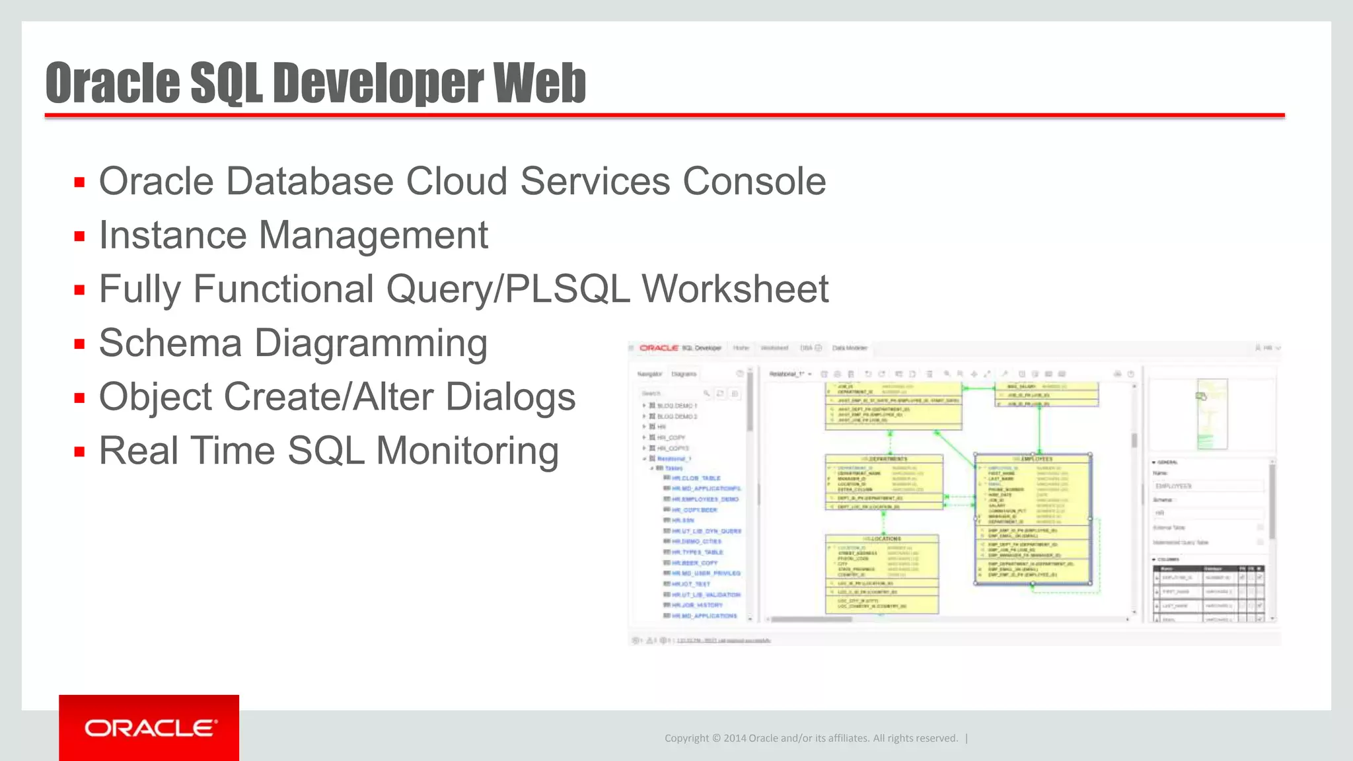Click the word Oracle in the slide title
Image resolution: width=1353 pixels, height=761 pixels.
pos(112,83)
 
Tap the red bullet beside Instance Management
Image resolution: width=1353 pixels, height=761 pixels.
pos(80,236)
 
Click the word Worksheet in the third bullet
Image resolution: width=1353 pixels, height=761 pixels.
pos(735,289)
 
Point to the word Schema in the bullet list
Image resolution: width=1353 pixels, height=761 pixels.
pos(170,343)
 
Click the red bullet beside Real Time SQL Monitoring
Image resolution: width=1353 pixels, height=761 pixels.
pos(80,453)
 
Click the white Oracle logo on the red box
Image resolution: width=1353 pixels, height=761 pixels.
pos(150,728)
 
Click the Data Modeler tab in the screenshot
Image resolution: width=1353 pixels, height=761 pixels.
pos(849,348)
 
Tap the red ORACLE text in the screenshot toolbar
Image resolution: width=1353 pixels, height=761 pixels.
pos(659,348)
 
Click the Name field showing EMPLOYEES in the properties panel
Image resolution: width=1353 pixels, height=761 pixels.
pos(1207,486)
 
